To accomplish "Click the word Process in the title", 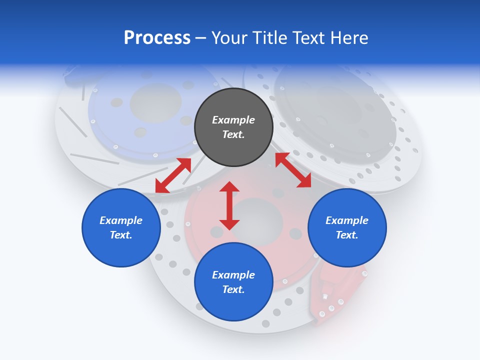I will (x=157, y=38).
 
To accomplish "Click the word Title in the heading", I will (x=270, y=38).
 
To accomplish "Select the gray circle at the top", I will (x=233, y=127).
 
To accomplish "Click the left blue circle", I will (x=121, y=227).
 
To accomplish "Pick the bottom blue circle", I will (x=233, y=282).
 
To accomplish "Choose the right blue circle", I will (x=347, y=227).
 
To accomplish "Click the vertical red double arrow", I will (x=229, y=205).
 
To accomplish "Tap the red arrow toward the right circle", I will (x=293, y=170).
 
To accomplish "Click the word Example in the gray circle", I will (x=233, y=120).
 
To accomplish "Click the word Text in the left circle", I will (x=121, y=235).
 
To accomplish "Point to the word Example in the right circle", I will (x=347, y=220).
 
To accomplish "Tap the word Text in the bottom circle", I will (x=233, y=289).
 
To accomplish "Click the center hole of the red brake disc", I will (x=257, y=220).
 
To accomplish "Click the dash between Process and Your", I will (x=201, y=38).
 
